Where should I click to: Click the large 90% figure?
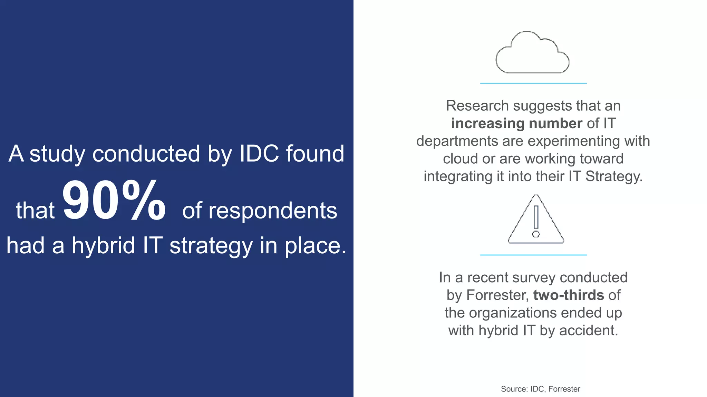coord(114,201)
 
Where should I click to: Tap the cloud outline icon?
coord(532,53)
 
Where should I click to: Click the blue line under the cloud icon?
coord(533,83)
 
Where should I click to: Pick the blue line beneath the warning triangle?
coord(533,255)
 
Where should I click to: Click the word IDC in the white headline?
coord(259,153)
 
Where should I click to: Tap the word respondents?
coord(260,211)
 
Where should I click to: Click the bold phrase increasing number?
coord(516,123)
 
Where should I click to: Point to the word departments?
coord(457,141)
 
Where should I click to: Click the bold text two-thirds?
coord(569,295)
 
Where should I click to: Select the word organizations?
coord(513,313)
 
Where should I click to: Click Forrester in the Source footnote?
coord(564,389)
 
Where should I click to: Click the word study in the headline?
coord(57,154)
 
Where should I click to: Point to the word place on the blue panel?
coord(315,246)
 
